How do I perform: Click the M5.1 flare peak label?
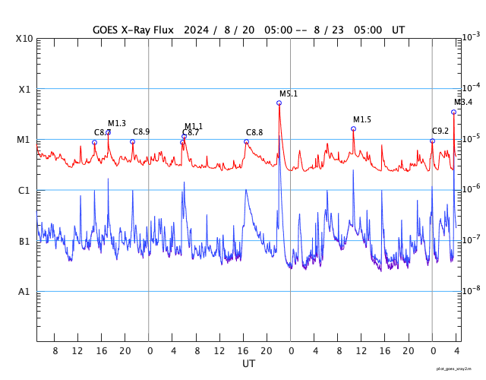(x=289, y=93)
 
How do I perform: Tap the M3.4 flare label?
(x=463, y=103)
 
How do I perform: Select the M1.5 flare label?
(x=362, y=119)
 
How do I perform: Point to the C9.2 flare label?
(x=440, y=131)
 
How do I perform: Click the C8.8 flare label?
(x=254, y=132)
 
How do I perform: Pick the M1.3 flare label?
(x=117, y=123)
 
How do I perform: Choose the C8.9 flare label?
(x=141, y=131)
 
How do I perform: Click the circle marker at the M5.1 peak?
(x=279, y=103)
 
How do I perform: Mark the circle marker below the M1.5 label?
(x=353, y=128)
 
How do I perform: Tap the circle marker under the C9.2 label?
(x=432, y=141)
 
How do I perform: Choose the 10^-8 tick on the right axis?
(x=471, y=290)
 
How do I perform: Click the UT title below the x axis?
(x=248, y=364)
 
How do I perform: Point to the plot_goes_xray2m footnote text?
(x=459, y=369)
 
